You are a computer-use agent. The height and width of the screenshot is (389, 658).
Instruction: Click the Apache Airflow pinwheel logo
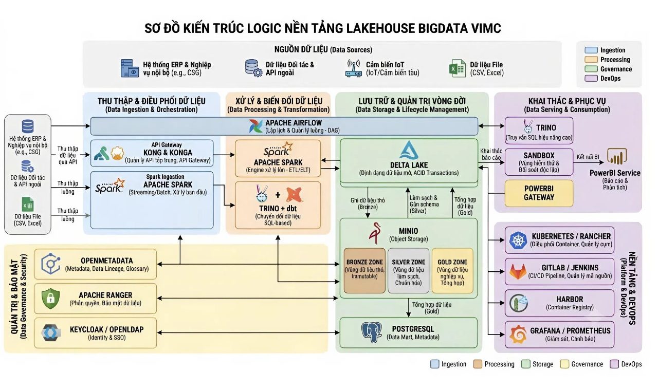(x=255, y=126)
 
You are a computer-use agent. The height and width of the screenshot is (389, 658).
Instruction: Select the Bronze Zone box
(x=364, y=270)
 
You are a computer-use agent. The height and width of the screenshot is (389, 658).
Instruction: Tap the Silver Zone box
(x=408, y=270)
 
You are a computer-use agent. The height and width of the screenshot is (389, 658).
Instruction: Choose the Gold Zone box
(x=452, y=270)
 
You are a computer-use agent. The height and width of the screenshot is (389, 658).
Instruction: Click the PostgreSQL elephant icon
(x=372, y=332)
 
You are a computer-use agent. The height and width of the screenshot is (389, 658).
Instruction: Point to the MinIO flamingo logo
(x=375, y=233)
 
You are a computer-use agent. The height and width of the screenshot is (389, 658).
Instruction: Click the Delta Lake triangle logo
(x=409, y=150)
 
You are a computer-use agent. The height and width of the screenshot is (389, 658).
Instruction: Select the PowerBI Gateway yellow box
(x=539, y=193)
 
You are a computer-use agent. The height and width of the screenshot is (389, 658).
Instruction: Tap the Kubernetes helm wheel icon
(x=518, y=240)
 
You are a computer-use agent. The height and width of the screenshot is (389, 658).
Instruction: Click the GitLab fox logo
(x=518, y=271)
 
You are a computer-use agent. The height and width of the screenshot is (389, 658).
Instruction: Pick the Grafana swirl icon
(x=518, y=334)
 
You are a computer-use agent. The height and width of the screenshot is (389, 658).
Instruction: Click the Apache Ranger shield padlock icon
(x=50, y=298)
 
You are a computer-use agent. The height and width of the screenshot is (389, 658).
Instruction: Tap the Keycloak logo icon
(x=51, y=332)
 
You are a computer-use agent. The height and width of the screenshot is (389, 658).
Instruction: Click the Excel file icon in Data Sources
(x=457, y=68)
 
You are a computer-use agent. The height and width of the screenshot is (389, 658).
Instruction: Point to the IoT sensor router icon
(x=353, y=68)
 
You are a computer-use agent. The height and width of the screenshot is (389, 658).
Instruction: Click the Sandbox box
(x=539, y=162)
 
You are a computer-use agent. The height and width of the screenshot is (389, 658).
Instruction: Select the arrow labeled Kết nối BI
(x=589, y=162)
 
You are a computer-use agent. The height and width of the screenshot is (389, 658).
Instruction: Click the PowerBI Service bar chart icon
(x=616, y=156)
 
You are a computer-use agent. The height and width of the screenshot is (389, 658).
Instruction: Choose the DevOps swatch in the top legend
(x=591, y=79)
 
